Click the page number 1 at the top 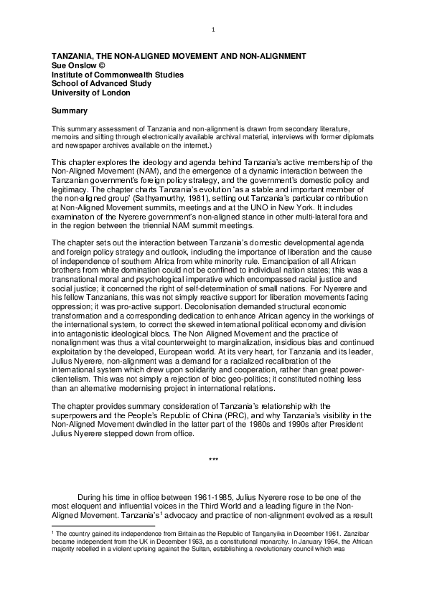coord(214,29)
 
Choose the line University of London coord(90,93)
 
